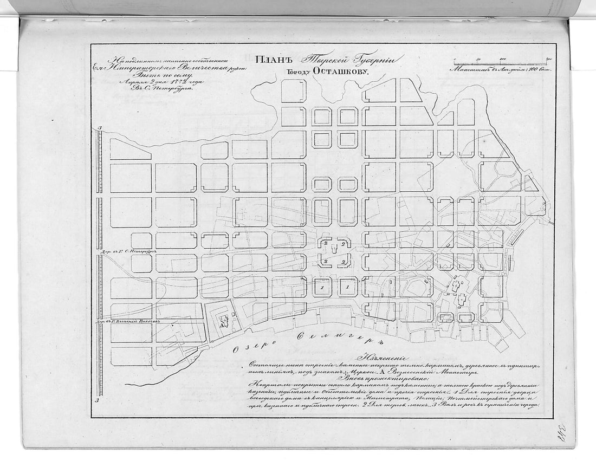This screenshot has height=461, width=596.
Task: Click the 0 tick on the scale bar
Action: (454, 59)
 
